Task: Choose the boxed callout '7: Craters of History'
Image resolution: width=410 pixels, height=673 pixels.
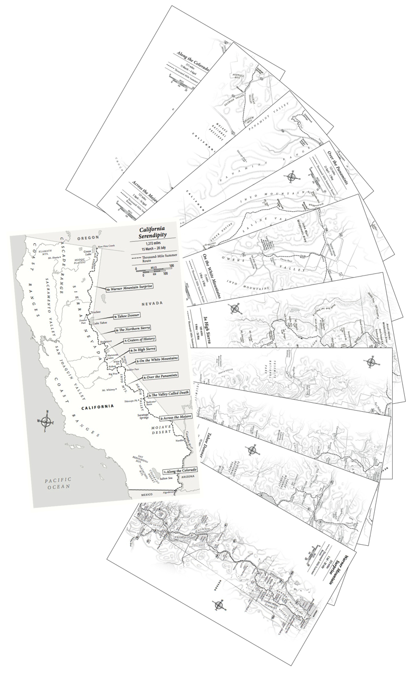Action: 139,340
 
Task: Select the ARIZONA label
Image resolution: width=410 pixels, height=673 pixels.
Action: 187,476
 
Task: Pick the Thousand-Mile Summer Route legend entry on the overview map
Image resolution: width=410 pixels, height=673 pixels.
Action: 156,258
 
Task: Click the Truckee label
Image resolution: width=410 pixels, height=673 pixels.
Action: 95,312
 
